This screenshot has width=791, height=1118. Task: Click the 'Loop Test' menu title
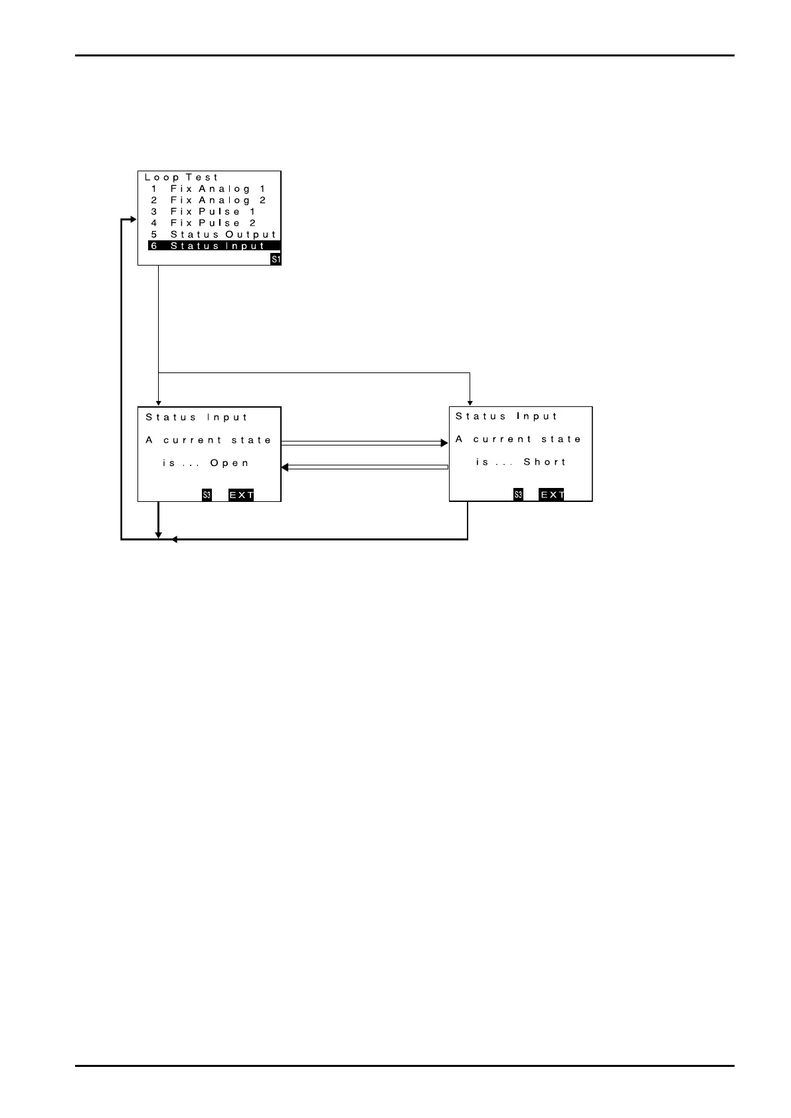(x=181, y=177)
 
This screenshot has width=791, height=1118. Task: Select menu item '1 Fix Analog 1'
(x=208, y=189)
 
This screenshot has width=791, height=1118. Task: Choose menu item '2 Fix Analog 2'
(x=208, y=200)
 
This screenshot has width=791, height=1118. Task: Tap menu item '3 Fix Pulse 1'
(x=203, y=211)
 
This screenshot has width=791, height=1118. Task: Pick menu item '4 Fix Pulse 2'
(x=203, y=223)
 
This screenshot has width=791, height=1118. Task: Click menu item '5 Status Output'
(x=213, y=234)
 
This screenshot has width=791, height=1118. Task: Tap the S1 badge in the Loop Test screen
(x=276, y=260)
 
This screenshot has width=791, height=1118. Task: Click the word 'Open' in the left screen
(x=230, y=463)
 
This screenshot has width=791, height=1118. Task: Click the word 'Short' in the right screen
(x=545, y=461)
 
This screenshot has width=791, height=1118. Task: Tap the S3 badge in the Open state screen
(x=207, y=495)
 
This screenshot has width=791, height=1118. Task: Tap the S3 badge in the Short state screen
(x=518, y=495)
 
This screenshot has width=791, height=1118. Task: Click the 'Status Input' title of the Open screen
(x=197, y=417)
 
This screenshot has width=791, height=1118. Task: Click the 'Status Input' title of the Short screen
(x=507, y=416)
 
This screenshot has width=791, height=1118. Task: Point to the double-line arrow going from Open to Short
(x=365, y=442)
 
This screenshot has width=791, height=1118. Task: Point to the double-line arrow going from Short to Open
(x=365, y=467)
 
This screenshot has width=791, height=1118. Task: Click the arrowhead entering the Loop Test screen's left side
(x=133, y=220)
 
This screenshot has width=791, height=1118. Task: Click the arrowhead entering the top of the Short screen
(x=470, y=402)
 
